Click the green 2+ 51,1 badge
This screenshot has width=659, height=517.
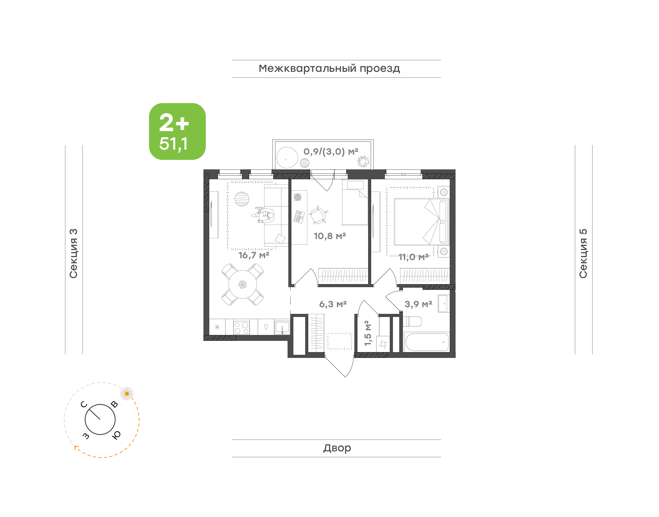(x=177, y=131)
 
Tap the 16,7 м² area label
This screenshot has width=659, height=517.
(x=254, y=255)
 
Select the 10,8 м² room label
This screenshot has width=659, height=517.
(x=330, y=236)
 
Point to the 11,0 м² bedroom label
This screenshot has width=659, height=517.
(x=413, y=257)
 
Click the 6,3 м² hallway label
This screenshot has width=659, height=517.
(x=333, y=304)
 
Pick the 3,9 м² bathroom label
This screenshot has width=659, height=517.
(x=418, y=304)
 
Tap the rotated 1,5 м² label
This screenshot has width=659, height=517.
(x=367, y=333)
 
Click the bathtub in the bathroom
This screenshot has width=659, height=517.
(x=427, y=342)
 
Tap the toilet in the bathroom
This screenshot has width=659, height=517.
(x=412, y=321)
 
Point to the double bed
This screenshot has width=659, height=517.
(x=422, y=222)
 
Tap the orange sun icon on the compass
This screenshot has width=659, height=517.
(x=127, y=394)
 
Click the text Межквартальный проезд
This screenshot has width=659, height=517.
(x=329, y=69)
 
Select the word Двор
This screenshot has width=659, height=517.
(x=337, y=448)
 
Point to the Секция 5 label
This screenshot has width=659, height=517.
(x=583, y=253)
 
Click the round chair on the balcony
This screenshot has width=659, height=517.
(x=287, y=157)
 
